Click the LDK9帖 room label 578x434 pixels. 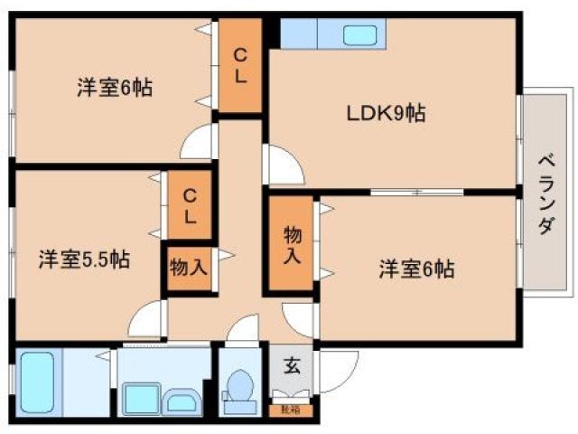[387, 114]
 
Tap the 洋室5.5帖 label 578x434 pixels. [83, 260]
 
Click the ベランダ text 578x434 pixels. [545, 193]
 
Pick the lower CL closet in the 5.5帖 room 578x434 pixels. [190, 205]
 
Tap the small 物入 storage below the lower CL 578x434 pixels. [189, 268]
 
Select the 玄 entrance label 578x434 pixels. [292, 367]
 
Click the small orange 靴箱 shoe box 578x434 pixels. [291, 410]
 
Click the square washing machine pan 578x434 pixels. [140, 398]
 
